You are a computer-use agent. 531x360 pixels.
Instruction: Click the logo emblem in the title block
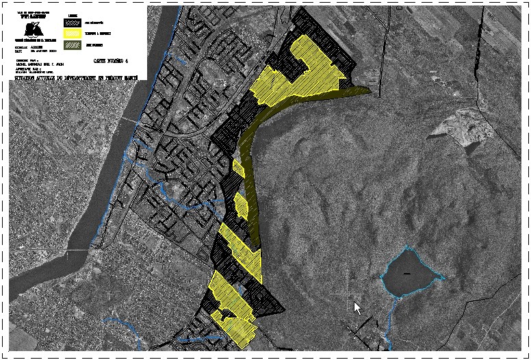coord(30,29)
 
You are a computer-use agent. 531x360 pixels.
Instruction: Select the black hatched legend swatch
coord(73,21)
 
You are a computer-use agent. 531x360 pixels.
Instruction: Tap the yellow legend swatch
coord(73,33)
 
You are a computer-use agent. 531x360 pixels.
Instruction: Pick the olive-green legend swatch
coord(73,45)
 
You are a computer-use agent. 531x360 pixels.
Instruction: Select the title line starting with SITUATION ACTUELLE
coord(75,78)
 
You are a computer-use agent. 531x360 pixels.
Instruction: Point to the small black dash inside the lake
coord(409,274)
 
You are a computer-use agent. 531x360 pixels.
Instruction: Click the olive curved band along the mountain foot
coord(252,171)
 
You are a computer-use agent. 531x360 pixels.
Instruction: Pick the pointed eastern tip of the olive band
coord(369,90)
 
